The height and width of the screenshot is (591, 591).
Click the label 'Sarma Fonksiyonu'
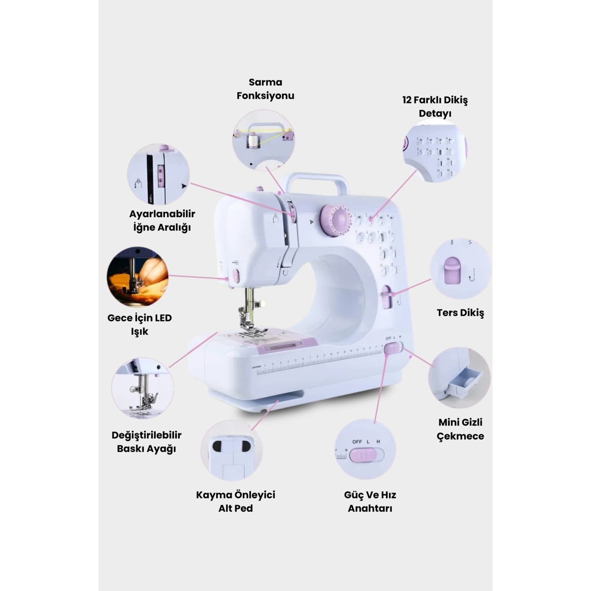(265, 89)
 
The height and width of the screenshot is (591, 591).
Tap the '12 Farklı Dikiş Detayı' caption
(435, 107)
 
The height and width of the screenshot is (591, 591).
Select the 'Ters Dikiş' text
(460, 313)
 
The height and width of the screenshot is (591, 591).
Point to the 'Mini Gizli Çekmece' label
(460, 429)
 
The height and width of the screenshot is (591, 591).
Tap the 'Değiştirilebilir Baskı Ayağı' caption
(146, 442)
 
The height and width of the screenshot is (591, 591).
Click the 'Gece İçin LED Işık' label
(139, 325)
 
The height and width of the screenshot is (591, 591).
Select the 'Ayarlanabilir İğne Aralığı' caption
(162, 221)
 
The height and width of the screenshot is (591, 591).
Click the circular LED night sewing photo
(137, 278)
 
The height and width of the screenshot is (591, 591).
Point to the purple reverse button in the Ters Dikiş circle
(452, 270)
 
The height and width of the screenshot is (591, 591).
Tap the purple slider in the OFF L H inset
(362, 455)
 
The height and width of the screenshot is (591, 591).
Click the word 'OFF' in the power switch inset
(357, 442)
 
